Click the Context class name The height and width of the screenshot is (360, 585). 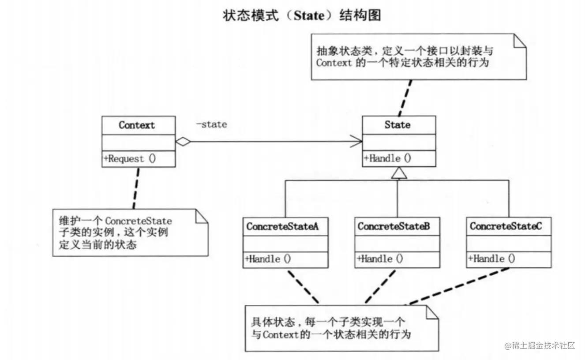point(137,125)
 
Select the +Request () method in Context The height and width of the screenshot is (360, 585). point(129,159)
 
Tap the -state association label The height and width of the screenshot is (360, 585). point(211,125)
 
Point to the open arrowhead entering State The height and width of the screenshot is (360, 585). point(357,142)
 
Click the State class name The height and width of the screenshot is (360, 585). point(397,125)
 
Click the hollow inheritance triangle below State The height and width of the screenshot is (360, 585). point(398,174)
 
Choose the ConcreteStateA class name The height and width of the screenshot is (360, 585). point(280,227)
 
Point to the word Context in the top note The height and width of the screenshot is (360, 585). point(334,62)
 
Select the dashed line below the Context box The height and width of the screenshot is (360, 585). point(137,187)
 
